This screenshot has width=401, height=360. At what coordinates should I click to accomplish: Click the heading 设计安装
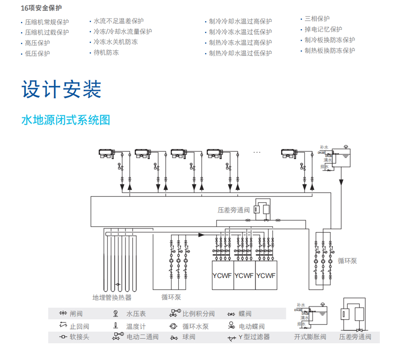tap(61, 89)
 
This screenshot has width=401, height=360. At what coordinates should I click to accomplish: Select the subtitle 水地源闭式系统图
tap(66, 120)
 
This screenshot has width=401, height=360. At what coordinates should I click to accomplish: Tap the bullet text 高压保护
tap(37, 43)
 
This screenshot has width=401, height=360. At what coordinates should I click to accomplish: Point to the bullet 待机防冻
tap(106, 53)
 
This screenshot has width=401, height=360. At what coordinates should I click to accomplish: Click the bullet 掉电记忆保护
tap(323, 29)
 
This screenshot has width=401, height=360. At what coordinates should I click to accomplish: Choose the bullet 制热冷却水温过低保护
tap(240, 53)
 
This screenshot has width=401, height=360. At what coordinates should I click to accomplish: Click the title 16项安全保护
tap(41, 8)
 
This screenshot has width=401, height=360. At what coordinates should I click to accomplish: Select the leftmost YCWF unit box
tap(222, 275)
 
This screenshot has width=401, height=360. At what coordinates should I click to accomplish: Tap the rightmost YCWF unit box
tap(266, 275)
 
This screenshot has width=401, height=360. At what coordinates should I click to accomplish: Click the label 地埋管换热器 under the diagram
tap(112, 297)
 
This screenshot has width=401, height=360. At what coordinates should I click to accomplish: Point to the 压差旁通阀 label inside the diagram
tap(233, 210)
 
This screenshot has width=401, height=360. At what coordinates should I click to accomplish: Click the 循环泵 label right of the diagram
tap(347, 261)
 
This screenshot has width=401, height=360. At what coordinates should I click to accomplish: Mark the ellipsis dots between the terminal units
tap(257, 152)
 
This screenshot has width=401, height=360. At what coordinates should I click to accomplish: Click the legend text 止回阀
tap(79, 326)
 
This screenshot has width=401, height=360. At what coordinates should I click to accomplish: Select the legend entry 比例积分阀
tap(198, 314)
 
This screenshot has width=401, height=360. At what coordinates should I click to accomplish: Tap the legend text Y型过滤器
tap(254, 337)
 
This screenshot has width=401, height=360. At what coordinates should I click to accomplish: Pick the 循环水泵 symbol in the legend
tap(173, 326)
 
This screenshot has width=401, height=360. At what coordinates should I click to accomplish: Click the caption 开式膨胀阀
tap(310, 337)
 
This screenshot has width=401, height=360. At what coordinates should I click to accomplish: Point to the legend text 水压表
tap(136, 314)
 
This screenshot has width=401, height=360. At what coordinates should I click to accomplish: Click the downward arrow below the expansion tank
tap(341, 182)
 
